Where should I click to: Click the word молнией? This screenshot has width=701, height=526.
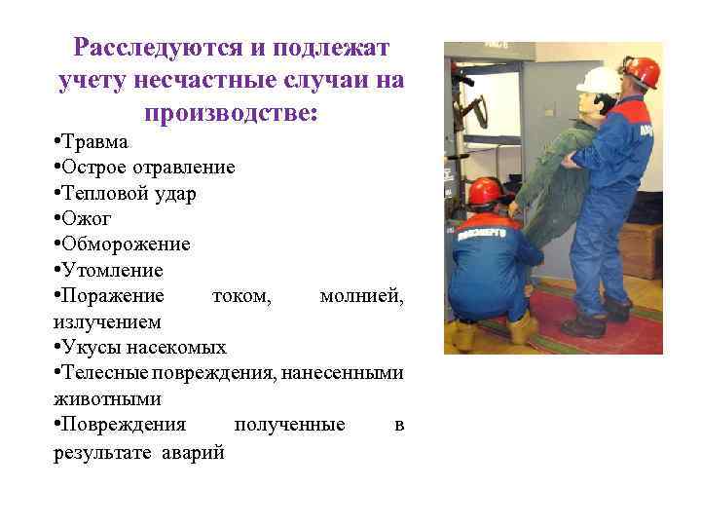361,295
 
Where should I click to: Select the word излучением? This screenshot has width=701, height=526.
107,320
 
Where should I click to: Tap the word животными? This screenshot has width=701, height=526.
107,398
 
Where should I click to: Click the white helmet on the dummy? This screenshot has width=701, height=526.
598,80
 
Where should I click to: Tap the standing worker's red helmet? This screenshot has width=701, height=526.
642,70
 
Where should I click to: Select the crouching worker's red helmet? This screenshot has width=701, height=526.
485,191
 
